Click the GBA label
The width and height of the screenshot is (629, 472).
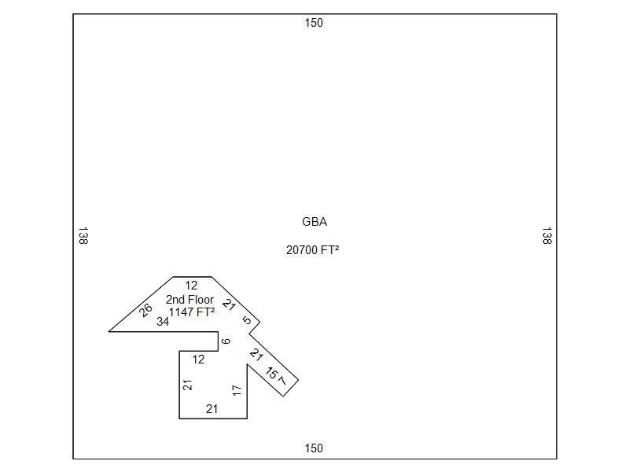point(314,222)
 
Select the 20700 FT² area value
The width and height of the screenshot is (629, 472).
point(313,250)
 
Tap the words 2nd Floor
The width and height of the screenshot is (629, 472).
point(189,300)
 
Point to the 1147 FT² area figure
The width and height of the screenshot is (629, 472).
point(192,312)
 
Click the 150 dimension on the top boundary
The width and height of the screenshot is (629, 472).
point(314,23)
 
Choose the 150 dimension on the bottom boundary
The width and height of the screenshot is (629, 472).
point(314,448)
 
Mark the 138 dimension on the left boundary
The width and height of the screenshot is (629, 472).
point(83,236)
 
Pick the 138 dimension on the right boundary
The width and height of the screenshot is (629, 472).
point(546,236)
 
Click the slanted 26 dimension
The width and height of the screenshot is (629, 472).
point(145,310)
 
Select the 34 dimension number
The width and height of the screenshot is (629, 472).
point(163,322)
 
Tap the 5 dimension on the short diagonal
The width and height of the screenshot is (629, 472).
point(247,320)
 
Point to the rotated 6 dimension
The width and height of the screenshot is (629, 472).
point(226,341)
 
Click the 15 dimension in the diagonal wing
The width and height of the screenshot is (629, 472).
point(272,373)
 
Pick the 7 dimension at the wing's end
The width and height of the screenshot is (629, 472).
point(283,382)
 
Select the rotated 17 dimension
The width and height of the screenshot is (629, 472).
point(237,389)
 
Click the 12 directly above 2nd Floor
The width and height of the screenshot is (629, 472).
point(191,286)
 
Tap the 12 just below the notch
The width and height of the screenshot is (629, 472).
point(198,360)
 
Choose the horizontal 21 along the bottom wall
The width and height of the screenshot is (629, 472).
point(212,409)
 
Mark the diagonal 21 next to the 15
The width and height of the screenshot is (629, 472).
point(256,355)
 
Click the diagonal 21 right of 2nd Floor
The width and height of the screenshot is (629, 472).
point(229,304)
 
